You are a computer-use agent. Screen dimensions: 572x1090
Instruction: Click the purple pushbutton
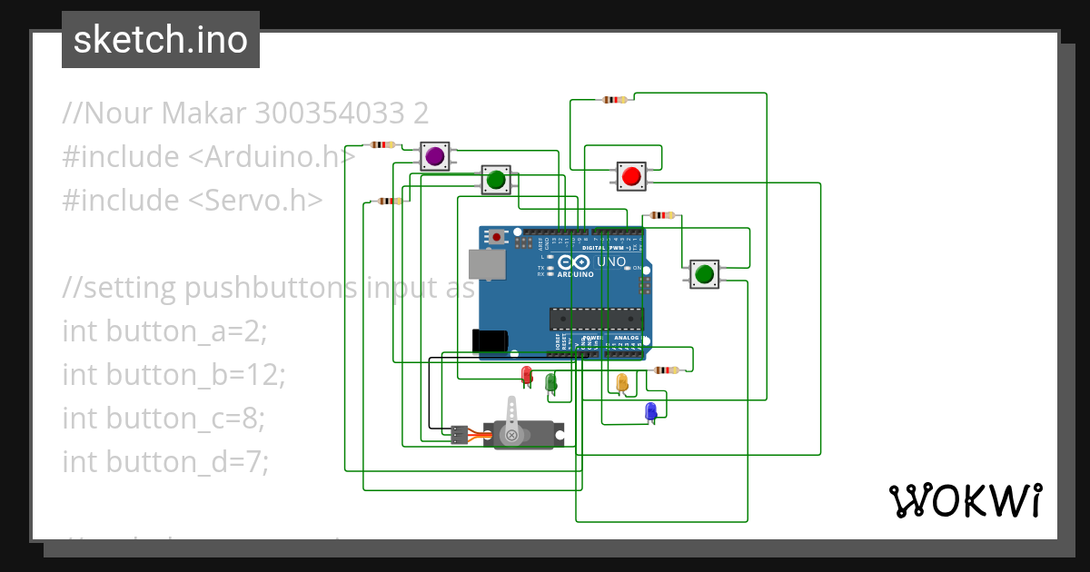435,155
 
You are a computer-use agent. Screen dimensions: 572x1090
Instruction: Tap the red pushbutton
631,175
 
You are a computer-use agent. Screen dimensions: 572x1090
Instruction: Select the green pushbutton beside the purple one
495,181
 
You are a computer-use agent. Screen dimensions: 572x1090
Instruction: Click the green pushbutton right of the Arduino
703,273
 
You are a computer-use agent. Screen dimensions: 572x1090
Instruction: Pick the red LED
526,373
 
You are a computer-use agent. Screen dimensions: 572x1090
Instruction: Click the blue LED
650,411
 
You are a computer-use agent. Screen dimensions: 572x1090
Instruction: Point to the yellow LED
622,383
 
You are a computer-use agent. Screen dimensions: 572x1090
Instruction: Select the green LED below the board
550,382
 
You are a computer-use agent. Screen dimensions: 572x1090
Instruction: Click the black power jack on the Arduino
490,340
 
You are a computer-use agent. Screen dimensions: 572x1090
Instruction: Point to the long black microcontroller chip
596,319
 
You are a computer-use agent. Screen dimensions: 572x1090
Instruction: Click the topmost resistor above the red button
615,100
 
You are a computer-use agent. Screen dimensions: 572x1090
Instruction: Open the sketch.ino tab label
161,40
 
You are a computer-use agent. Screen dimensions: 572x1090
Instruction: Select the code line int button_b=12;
173,374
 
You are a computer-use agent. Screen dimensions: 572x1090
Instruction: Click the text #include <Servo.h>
192,200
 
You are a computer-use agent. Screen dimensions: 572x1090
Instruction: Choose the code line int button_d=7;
165,461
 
